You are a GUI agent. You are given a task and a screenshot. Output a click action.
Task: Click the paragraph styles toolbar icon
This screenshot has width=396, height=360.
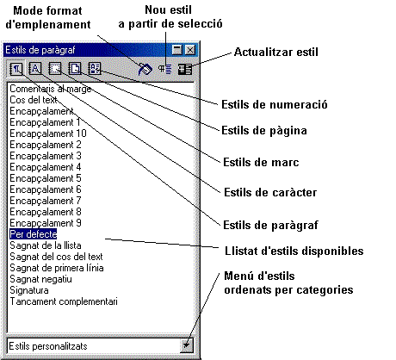(16, 69)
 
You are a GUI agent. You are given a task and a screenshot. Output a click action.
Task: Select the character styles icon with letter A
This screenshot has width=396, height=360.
(35, 69)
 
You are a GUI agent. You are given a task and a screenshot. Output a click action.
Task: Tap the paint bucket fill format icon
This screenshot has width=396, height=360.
(145, 69)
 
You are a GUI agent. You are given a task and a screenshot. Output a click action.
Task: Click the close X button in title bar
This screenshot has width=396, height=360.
(190, 50)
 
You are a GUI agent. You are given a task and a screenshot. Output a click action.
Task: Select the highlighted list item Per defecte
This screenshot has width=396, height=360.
(34, 234)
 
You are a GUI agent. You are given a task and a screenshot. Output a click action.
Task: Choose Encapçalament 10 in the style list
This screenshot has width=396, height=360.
(48, 133)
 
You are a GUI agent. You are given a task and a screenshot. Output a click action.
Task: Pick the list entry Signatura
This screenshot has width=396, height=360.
(29, 290)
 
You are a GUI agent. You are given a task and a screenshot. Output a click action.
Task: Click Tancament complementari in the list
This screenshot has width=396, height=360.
(64, 301)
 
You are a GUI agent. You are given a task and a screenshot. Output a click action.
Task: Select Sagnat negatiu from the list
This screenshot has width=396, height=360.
(40, 279)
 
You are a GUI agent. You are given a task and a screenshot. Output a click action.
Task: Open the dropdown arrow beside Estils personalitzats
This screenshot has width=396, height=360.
(187, 345)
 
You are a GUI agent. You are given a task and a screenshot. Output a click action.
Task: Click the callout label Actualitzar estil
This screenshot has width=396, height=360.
(276, 53)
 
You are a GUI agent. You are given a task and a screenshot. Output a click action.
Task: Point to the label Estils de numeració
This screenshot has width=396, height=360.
(275, 104)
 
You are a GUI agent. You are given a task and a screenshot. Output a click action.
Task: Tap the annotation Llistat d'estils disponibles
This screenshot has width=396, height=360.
(294, 251)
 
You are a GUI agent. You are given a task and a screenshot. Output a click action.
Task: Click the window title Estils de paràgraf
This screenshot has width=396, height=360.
(40, 50)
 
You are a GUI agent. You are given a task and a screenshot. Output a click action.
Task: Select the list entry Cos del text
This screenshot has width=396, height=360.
(34, 100)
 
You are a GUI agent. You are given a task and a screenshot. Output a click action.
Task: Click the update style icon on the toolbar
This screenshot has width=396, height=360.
(185, 69)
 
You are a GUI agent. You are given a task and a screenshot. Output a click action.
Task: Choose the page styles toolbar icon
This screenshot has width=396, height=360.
(75, 69)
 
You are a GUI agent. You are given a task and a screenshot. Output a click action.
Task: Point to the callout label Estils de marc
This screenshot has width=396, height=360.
(261, 163)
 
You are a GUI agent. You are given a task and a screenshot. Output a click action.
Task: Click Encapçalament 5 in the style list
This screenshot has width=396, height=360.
(46, 178)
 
